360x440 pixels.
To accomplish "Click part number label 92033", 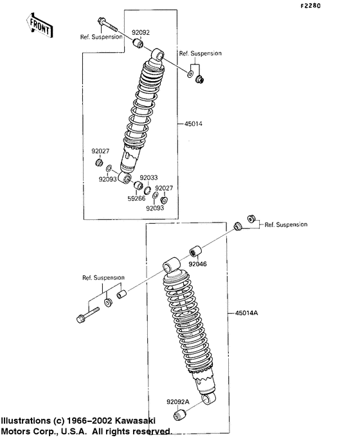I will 149,178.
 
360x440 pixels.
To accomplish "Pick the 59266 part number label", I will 136,199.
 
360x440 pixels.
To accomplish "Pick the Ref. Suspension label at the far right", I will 286,225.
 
